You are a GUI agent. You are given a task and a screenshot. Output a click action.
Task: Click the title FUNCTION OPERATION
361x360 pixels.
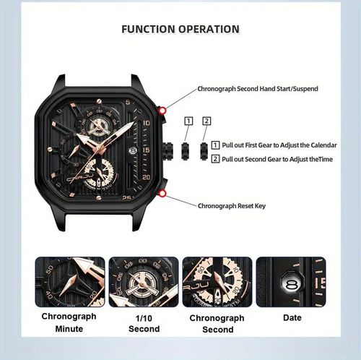point(180,30)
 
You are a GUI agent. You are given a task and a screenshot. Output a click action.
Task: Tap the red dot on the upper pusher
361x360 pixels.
point(164,110)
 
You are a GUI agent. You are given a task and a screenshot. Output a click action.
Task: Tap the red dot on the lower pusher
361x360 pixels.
point(164,193)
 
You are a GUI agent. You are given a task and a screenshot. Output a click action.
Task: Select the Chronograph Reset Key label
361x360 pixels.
point(232,205)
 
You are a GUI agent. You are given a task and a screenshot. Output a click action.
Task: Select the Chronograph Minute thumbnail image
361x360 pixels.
point(70,282)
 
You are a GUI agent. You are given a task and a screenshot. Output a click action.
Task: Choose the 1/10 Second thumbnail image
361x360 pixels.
point(143,282)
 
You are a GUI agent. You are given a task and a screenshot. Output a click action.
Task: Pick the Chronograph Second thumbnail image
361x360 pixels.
point(217,282)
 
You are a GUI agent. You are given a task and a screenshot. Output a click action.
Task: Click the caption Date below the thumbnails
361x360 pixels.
point(292,318)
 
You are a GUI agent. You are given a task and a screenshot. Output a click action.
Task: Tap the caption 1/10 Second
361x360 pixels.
point(144,323)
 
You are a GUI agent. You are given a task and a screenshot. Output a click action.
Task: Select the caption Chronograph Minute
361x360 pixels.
point(70,323)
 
